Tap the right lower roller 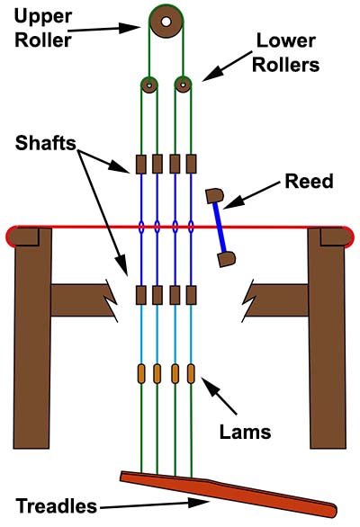tap(183, 85)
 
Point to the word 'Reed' tap(308, 182)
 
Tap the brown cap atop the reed tap(214, 195)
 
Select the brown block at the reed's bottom tap(227, 259)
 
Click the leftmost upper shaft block tap(141, 164)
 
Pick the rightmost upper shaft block tap(191, 164)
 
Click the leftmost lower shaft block tap(141, 294)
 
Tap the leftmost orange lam tap(141, 373)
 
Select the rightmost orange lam tap(191, 373)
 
